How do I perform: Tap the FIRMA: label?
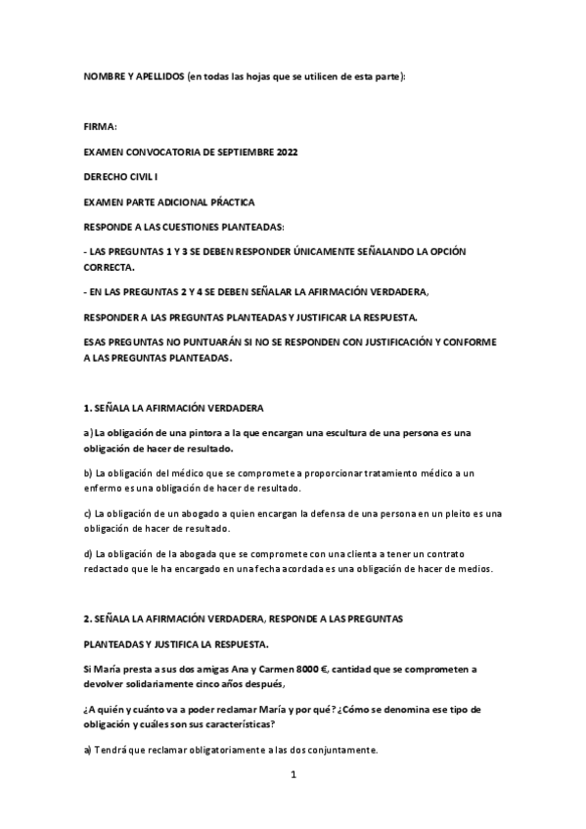[100, 127]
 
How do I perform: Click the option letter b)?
[89, 473]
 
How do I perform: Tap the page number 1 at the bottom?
[293, 775]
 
